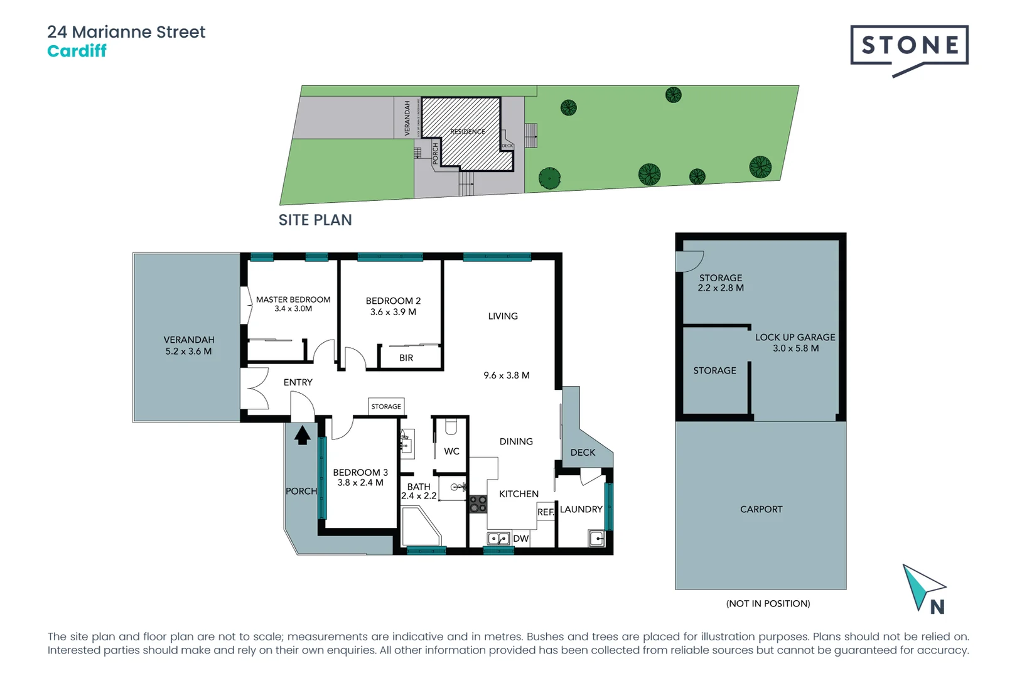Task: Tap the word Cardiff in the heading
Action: point(77,51)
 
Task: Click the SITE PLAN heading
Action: point(315,220)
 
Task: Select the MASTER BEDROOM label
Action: point(293,300)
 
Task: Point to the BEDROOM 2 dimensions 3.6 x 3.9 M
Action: point(393,312)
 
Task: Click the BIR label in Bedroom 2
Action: point(406,358)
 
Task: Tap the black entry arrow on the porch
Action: point(303,434)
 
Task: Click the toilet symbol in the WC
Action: point(451,428)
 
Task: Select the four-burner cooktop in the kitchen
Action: point(478,503)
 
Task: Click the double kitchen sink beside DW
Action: point(498,539)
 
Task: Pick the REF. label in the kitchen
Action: point(546,512)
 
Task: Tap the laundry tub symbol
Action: point(596,538)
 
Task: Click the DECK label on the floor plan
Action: point(583,453)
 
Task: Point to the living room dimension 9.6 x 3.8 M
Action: point(507,375)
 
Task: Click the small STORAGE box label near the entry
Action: point(386,407)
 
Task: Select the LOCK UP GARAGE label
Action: point(795,338)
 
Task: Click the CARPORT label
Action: point(761,510)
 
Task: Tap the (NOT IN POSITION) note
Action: point(768,604)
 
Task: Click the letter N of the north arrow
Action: point(937,607)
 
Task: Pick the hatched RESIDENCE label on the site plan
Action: point(468,132)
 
